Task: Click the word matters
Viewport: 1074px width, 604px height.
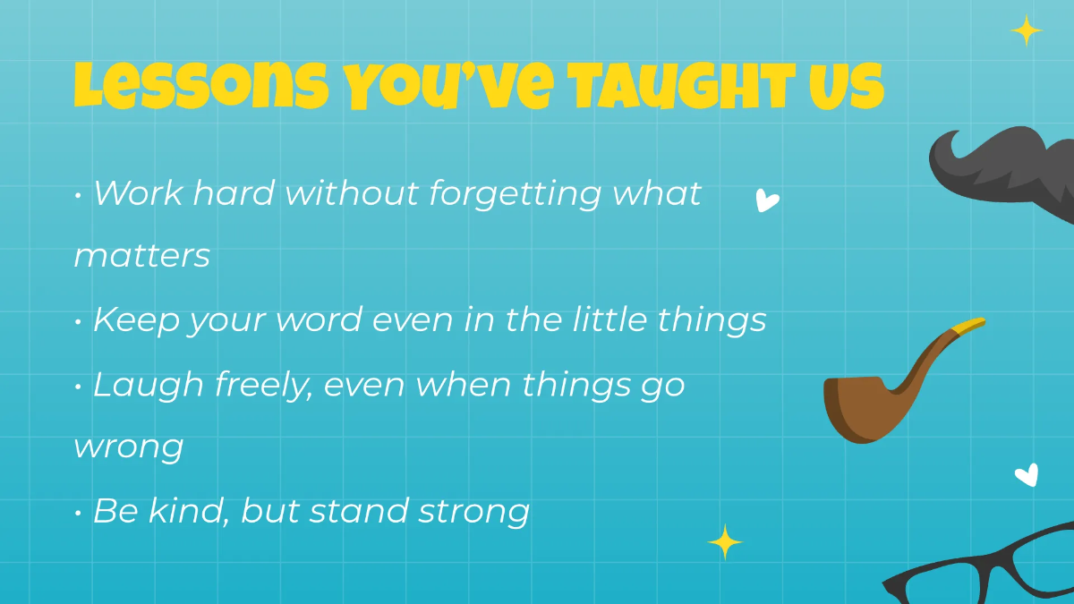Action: pyautogui.click(x=141, y=256)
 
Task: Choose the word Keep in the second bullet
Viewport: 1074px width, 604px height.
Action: pyautogui.click(x=135, y=320)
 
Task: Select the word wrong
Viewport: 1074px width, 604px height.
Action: pyautogui.click(x=129, y=447)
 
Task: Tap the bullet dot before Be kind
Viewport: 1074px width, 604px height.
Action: pyautogui.click(x=79, y=512)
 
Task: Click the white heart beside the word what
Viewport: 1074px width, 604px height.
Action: pyautogui.click(x=766, y=200)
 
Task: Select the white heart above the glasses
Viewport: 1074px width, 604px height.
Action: pyautogui.click(x=1027, y=474)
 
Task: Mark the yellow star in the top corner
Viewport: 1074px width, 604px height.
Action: pyautogui.click(x=1027, y=31)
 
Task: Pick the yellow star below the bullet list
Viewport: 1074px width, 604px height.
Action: pyautogui.click(x=725, y=542)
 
